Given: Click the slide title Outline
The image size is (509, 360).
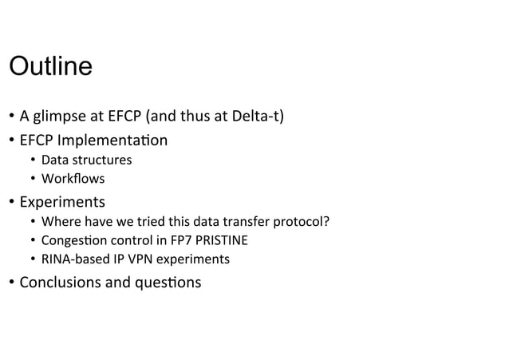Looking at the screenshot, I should coord(50,65).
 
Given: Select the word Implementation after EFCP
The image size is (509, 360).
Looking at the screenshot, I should coord(112,140).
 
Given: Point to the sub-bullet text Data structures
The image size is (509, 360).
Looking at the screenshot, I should coord(86,160).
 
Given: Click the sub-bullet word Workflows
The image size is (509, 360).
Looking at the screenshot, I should coord(73,178).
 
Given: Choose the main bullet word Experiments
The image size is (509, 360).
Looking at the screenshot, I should coord(62,200).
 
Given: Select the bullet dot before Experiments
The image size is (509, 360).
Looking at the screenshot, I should coord(10,200).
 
